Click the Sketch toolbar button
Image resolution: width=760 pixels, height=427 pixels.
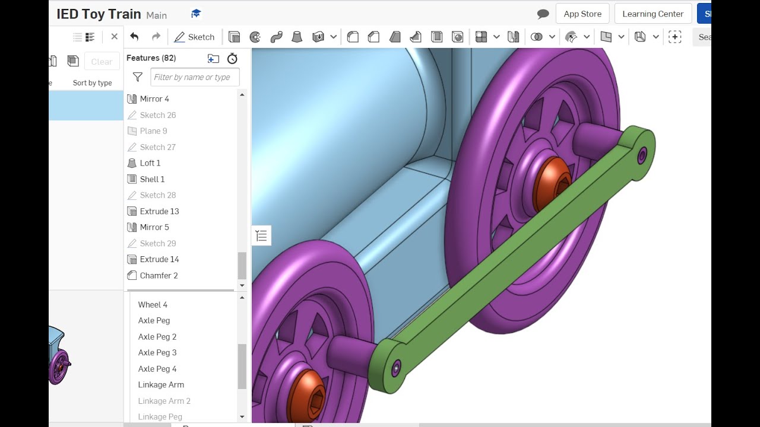click(194, 37)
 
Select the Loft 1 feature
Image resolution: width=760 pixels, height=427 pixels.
click(150, 163)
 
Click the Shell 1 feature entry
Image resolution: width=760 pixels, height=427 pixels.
click(152, 179)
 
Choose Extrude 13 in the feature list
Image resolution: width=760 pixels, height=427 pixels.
click(159, 211)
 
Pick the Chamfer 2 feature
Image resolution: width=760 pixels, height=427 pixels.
click(159, 276)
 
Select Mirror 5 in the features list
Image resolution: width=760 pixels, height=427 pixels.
click(154, 227)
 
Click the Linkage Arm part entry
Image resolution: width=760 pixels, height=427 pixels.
click(161, 385)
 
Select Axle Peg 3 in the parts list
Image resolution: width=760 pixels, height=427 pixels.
click(157, 353)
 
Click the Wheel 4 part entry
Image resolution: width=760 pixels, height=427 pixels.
click(153, 305)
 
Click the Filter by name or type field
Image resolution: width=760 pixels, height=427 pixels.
click(195, 77)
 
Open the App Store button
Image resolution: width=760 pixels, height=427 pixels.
click(582, 14)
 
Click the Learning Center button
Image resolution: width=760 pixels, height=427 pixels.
click(653, 14)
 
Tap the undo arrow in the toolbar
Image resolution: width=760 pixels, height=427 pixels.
click(134, 37)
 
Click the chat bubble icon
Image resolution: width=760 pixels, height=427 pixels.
click(543, 14)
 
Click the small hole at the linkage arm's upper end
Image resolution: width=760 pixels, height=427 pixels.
click(642, 156)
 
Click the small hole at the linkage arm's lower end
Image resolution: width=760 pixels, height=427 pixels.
click(395, 368)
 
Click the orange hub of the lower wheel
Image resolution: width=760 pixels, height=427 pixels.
click(306, 397)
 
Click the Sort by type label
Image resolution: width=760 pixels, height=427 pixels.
click(92, 83)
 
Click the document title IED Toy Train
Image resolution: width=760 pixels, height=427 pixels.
click(99, 14)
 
